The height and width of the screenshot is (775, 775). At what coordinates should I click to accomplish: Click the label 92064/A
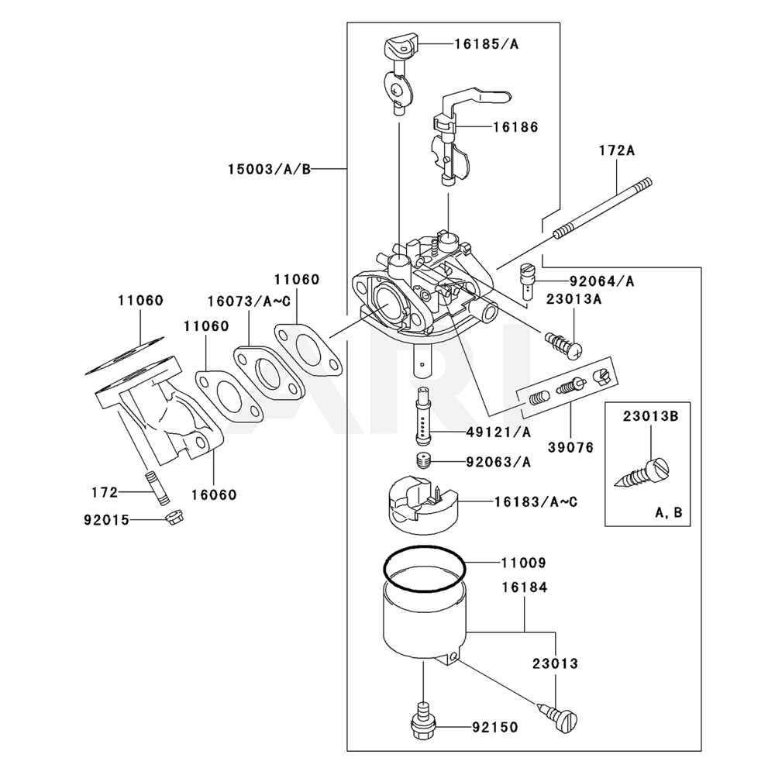(601, 281)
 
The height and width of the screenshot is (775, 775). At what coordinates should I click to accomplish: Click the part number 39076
(571, 447)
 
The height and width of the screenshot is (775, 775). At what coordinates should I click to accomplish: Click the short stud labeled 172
(152, 487)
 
